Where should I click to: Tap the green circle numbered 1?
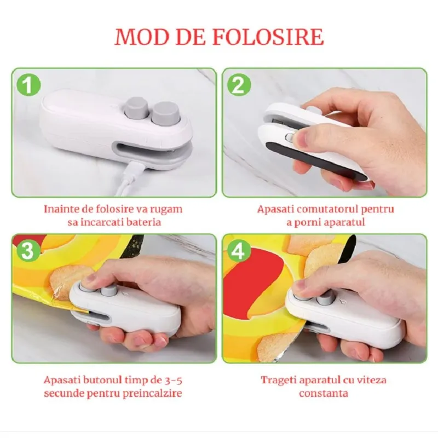(28, 85)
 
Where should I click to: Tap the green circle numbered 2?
(239, 85)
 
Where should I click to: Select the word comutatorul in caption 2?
(325, 209)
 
